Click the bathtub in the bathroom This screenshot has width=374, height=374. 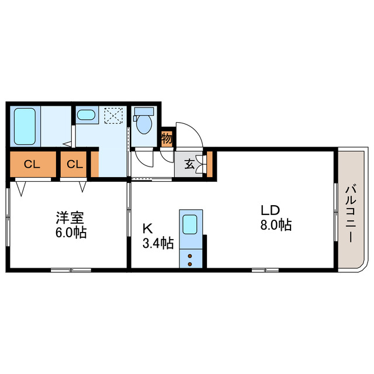point(25,126)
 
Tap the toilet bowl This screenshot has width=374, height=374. point(144,124)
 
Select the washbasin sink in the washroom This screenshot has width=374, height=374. point(86,115)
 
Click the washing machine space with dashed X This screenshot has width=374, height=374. point(113,116)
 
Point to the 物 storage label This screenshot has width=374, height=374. point(167,138)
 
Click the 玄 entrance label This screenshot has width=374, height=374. point(189,164)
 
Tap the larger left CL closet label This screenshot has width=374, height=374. point(32,164)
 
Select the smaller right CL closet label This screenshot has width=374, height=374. point(75,164)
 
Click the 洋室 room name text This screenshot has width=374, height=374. point(70,217)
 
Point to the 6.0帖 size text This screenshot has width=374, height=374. point(71,233)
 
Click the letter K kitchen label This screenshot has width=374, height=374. point(147,228)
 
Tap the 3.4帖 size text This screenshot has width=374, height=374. point(158,243)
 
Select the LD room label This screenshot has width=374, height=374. point(270,210)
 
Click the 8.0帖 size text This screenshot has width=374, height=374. point(276,224)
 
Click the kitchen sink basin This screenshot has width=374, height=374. point(190,224)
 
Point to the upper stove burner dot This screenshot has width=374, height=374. point(190,256)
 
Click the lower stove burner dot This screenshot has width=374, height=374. point(190,264)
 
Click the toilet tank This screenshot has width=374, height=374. point(144,112)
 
